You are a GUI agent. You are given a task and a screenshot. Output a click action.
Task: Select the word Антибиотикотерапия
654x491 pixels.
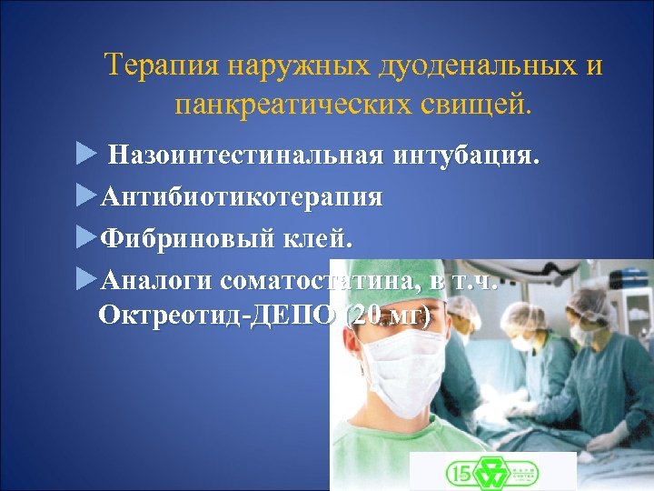[x=242, y=197]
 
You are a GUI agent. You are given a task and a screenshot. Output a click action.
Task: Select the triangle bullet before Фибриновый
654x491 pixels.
[x=85, y=238]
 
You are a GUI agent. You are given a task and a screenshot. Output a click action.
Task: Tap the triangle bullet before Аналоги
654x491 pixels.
[x=85, y=279]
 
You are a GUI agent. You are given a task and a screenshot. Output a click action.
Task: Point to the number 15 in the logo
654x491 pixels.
[x=458, y=472]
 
